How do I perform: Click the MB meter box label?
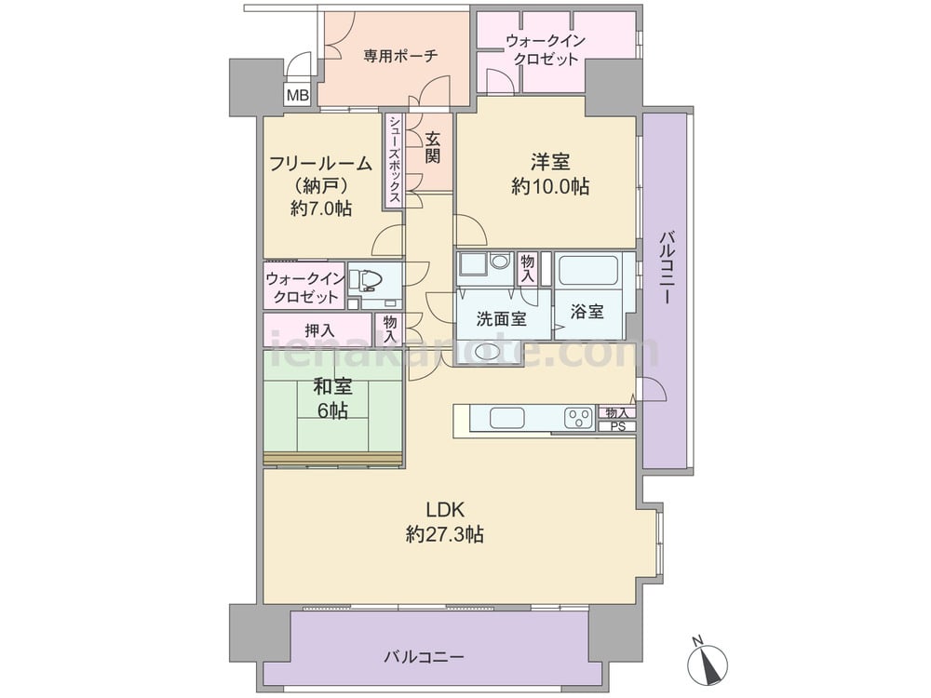pos(298,95)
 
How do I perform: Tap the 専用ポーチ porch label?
pos(401,57)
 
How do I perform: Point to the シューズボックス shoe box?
pos(395,160)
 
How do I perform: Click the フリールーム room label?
pos(320,163)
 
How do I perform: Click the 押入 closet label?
pos(319,330)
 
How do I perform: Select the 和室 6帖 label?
pos(332,398)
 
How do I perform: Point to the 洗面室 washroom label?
pos(502,319)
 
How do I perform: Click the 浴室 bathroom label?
pos(587,312)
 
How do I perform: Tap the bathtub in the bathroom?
pos(589,270)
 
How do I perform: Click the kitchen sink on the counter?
pos(507,418)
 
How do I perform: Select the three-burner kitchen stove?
pos(579,418)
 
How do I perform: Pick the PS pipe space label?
pos(618,426)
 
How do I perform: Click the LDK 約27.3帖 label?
pos(445,522)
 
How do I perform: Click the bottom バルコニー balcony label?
pos(424,657)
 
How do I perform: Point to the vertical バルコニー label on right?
pos(668,268)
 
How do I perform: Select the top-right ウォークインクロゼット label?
pos(546,50)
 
